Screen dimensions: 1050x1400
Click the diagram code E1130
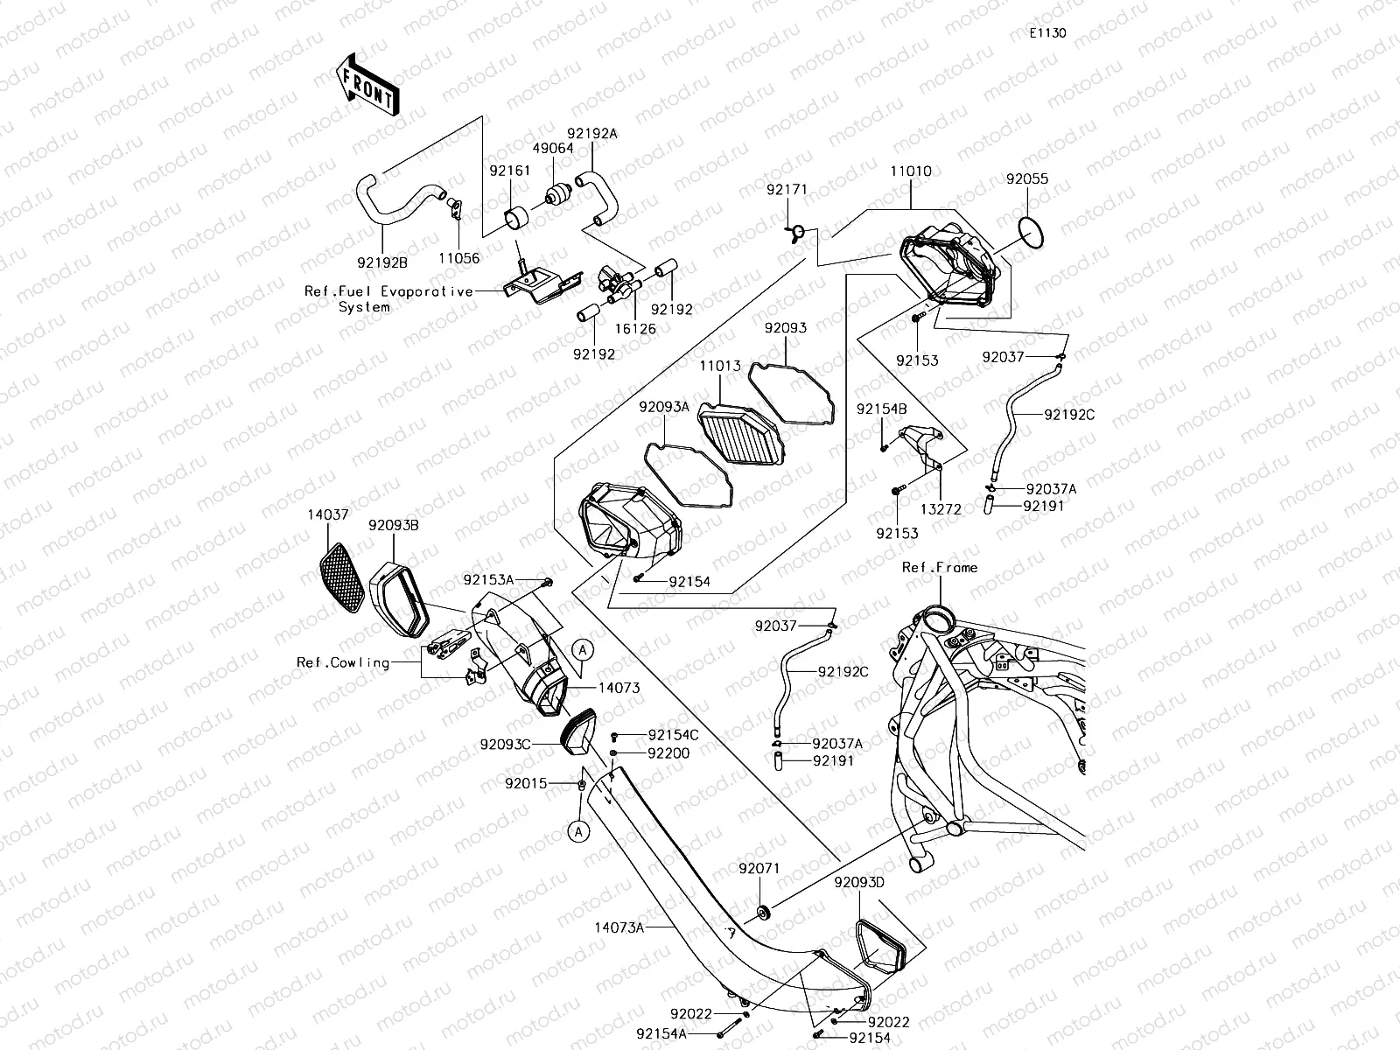click(1047, 33)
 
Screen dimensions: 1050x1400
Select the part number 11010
click(911, 172)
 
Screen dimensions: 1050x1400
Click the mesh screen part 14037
click(342, 578)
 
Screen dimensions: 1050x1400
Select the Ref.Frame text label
click(940, 567)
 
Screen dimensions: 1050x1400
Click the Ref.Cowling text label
click(343, 662)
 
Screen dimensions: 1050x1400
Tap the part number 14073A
click(619, 927)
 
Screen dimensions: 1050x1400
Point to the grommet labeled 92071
click(764, 914)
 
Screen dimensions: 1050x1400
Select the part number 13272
click(941, 507)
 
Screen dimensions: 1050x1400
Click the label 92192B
click(382, 260)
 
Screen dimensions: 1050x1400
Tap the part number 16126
click(635, 329)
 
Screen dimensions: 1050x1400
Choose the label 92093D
click(859, 882)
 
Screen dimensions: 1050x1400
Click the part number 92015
click(526, 783)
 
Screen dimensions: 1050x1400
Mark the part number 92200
click(668, 753)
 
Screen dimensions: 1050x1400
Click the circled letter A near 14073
click(584, 648)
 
